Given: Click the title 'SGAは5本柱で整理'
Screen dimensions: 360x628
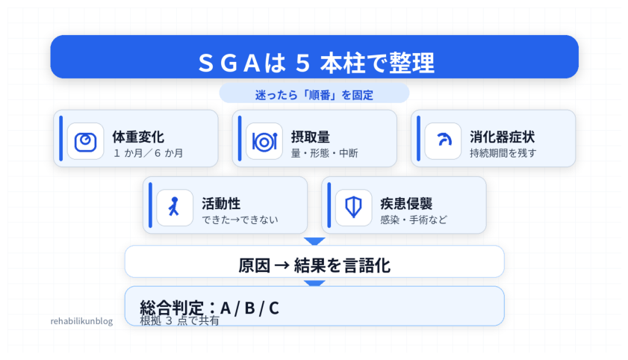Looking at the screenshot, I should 314,62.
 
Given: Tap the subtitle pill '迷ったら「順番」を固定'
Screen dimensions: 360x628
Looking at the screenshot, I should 314,95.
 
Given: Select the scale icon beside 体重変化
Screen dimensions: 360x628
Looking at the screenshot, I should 85,140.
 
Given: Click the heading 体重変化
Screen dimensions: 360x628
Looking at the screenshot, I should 138,137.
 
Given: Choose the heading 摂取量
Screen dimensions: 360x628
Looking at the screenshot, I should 310,137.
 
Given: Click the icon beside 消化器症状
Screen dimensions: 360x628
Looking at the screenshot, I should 443,140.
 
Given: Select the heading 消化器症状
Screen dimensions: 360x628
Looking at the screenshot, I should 502,137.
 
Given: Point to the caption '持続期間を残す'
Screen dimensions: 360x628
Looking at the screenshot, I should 503,154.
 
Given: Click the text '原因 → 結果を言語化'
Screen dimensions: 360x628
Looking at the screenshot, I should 314,265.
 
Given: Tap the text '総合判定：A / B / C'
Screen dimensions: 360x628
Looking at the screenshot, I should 210,307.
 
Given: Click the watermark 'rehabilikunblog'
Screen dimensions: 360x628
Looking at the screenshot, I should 81,321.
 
